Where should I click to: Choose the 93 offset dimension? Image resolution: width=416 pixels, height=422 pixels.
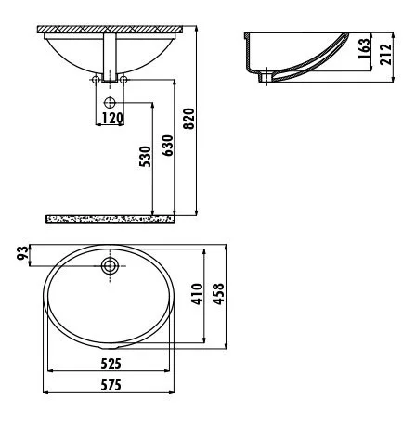pyautogui.click(x=21, y=253)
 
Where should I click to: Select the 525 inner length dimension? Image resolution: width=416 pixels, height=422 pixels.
pyautogui.click(x=110, y=363)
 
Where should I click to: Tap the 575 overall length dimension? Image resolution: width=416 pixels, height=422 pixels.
pyautogui.click(x=110, y=385)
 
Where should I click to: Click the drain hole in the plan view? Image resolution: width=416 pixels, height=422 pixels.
pyautogui.click(x=110, y=267)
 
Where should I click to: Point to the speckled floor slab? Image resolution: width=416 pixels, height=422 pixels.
pyautogui.click(x=110, y=219)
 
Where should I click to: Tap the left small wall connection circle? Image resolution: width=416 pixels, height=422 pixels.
pyautogui.click(x=97, y=82)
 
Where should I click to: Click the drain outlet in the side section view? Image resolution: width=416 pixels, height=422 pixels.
pyautogui.click(x=268, y=78)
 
